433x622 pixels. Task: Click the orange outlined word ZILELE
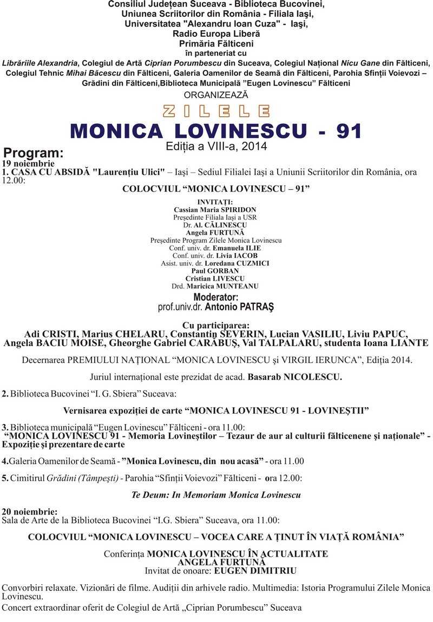(x=216, y=111)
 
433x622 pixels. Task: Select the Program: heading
(x=34, y=153)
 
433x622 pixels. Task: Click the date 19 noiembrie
(x=28, y=163)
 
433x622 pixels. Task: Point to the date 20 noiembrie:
(x=30, y=511)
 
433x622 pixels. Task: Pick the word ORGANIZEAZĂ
(x=216, y=95)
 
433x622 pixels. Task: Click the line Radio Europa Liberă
(x=216, y=34)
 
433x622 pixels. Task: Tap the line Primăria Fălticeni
(x=216, y=44)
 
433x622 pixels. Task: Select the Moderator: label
(x=216, y=297)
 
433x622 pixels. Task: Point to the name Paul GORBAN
(x=215, y=270)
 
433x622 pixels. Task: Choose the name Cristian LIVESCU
(x=215, y=278)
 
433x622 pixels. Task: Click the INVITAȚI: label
(x=215, y=202)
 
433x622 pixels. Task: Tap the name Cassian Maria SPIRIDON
(x=215, y=209)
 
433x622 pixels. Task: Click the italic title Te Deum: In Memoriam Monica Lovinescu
(x=216, y=494)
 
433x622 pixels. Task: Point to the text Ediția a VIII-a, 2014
(x=216, y=146)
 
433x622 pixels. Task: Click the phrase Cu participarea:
(x=216, y=326)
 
